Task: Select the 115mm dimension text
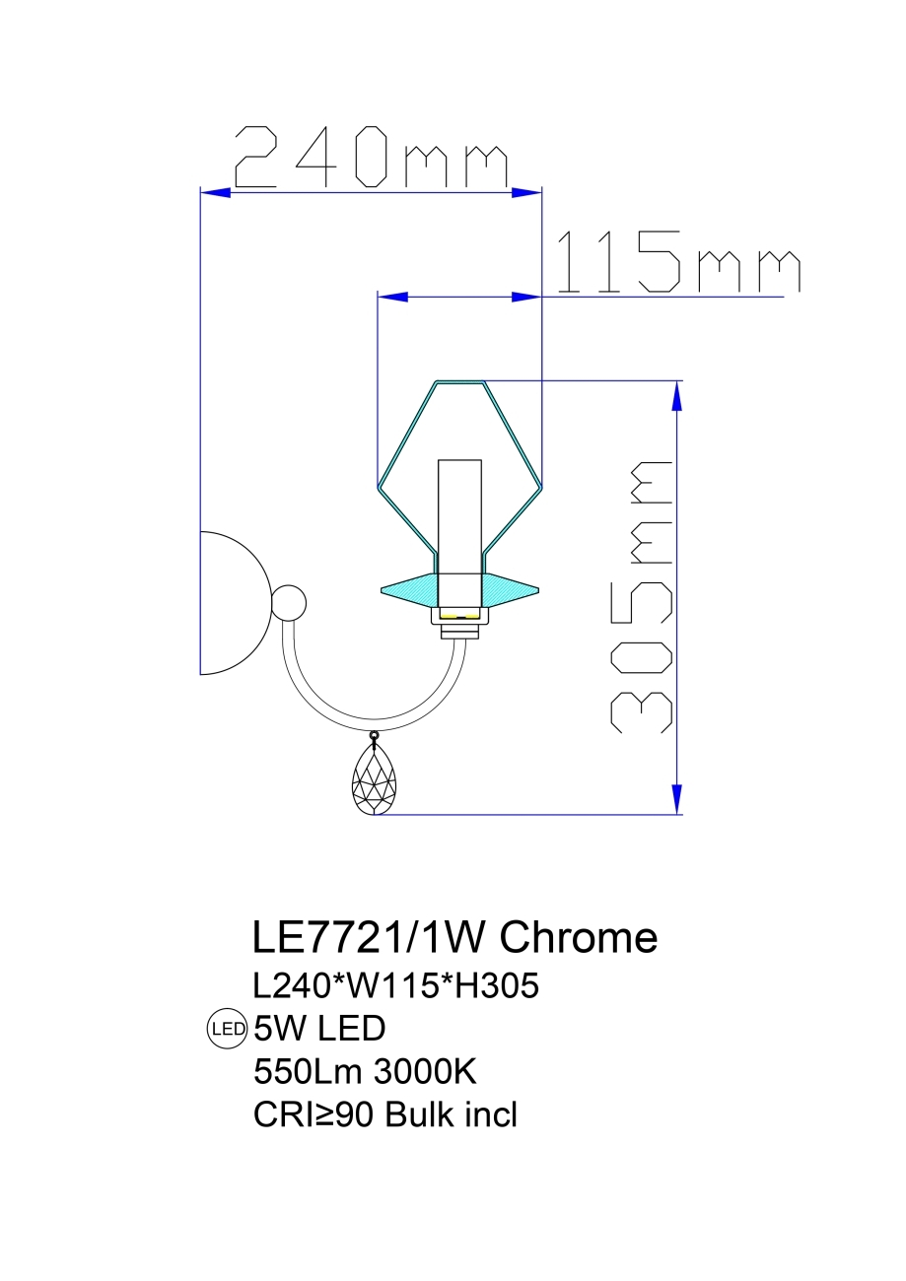click(678, 263)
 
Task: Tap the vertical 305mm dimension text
click(642, 597)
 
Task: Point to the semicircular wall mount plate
click(233, 603)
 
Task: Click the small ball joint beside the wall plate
click(289, 602)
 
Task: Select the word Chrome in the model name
click(578, 938)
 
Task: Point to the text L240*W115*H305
click(395, 985)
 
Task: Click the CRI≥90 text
click(314, 1114)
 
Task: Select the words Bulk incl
click(451, 1114)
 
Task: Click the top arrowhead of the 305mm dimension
click(676, 395)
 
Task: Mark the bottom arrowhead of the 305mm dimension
click(676, 800)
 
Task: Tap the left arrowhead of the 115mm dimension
click(393, 296)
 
